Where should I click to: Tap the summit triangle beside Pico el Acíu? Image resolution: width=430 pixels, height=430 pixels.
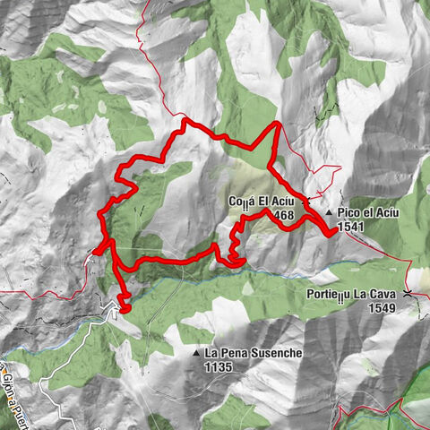coord(330,212)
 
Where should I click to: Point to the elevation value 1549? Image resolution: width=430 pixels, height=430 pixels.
coord(381,307)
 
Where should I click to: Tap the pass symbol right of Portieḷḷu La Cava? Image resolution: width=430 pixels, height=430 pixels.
coord(408,293)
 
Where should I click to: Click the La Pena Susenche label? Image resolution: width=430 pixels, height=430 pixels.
coord(254,353)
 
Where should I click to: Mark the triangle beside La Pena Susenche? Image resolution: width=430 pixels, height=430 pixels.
coord(195,353)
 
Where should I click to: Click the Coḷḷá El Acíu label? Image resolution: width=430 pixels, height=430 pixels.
coord(262,201)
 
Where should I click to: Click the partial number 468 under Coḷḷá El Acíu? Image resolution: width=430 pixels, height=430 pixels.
coord(286,214)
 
